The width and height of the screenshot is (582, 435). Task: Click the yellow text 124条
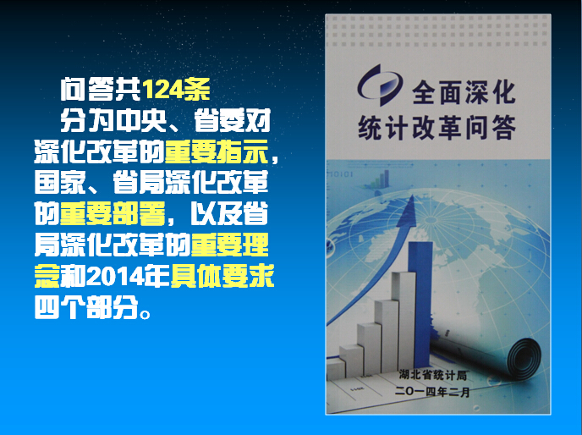point(176,89)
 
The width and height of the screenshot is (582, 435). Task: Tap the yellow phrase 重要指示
point(216,151)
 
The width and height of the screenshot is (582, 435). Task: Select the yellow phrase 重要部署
point(113,213)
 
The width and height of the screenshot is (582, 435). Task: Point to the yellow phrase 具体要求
point(222,276)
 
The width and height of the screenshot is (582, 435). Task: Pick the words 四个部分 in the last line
point(86,307)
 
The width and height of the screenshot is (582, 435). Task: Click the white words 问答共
point(101,89)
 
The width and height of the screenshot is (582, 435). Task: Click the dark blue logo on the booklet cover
point(379,85)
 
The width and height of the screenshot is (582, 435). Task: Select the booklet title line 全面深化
point(464,92)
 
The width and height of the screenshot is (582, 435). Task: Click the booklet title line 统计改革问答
point(436,128)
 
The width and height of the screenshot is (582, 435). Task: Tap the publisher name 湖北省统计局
point(433,375)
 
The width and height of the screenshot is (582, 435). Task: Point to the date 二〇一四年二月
point(432,392)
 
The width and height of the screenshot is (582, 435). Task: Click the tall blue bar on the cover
point(420,303)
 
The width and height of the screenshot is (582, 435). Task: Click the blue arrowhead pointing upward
point(407,212)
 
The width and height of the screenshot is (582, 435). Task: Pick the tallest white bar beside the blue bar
point(404,319)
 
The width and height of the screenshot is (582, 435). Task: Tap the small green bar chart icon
point(381,179)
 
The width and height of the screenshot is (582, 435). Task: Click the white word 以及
point(217,213)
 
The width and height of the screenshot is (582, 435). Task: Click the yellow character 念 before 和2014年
point(47,277)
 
